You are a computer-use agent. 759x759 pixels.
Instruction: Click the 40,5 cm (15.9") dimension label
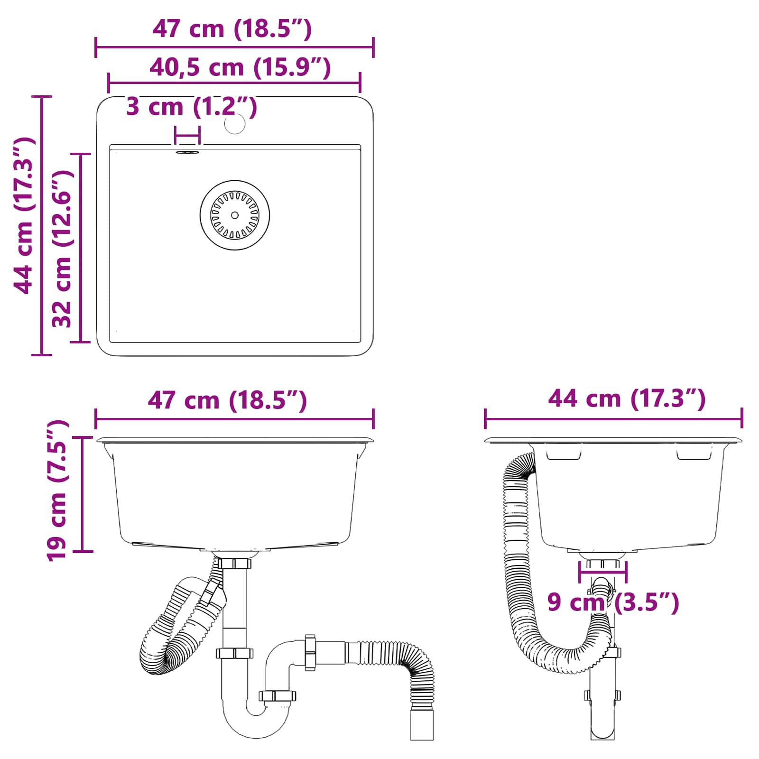pos(240,67)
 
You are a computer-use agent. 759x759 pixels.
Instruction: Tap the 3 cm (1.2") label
pos(191,106)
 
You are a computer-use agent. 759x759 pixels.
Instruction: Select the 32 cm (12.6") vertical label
pos(62,249)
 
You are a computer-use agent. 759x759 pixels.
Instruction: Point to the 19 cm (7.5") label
pos(57,491)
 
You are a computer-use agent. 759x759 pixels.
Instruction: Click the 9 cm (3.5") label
pos(613,602)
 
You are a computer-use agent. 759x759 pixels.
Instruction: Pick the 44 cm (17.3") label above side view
pos(627,398)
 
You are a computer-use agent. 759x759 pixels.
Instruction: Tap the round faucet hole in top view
pos(235,123)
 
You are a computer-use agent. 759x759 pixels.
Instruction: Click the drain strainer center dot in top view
pos(235,215)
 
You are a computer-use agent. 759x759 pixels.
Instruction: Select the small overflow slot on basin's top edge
pos(188,152)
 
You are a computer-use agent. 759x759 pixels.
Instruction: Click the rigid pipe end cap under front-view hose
pos(422,724)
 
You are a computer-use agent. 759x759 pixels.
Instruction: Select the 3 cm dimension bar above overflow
pos(187,136)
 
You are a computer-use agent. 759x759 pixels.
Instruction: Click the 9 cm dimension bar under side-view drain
pos(603,572)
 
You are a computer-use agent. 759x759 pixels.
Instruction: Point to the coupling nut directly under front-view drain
pos(234,563)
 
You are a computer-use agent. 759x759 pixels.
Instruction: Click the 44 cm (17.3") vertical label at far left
pos(24,216)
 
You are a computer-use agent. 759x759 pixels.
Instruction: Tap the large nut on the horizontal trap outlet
pos(310,652)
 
